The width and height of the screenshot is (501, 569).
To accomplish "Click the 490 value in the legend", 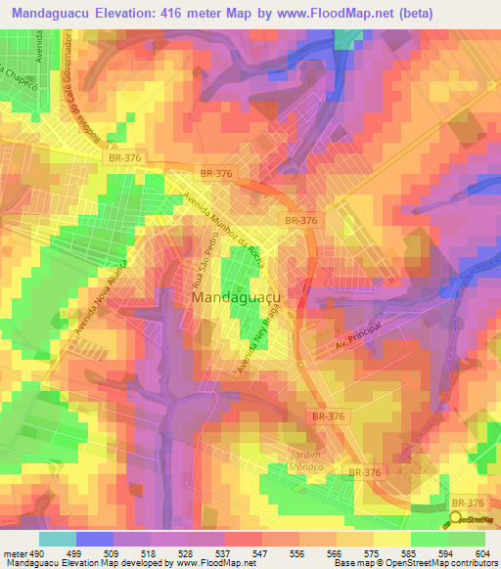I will click(35, 553).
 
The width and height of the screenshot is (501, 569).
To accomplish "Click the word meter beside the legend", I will click(13, 553).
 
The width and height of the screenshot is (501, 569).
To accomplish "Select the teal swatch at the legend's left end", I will click(58, 539).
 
